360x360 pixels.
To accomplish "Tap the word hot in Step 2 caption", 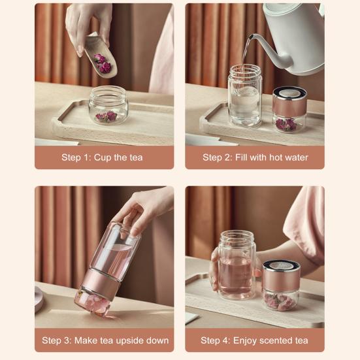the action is click(x=276, y=157).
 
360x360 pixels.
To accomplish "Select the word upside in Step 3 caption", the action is click(x=130, y=340).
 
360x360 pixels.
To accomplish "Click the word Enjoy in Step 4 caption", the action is click(x=244, y=340).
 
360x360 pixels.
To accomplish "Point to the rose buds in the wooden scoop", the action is click(x=103, y=63).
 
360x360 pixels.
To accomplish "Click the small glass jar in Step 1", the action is click(x=108, y=105).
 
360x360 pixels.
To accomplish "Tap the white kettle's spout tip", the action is click(x=251, y=36).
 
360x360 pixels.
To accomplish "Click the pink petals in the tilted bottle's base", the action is click(x=93, y=303).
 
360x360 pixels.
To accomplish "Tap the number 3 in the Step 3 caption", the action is click(x=67, y=340).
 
